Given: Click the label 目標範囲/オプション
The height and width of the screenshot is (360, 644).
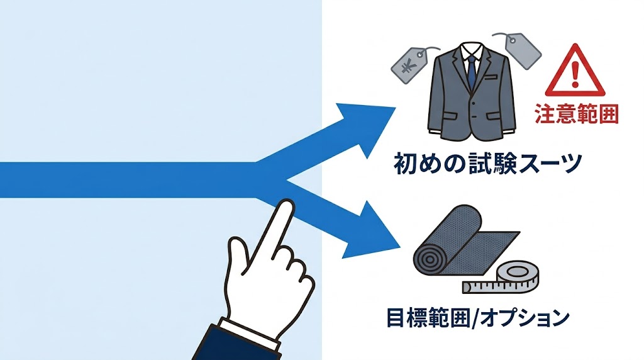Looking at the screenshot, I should pyautogui.click(x=477, y=318).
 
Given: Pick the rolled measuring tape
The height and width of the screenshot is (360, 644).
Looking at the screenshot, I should pyautogui.click(x=516, y=276).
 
